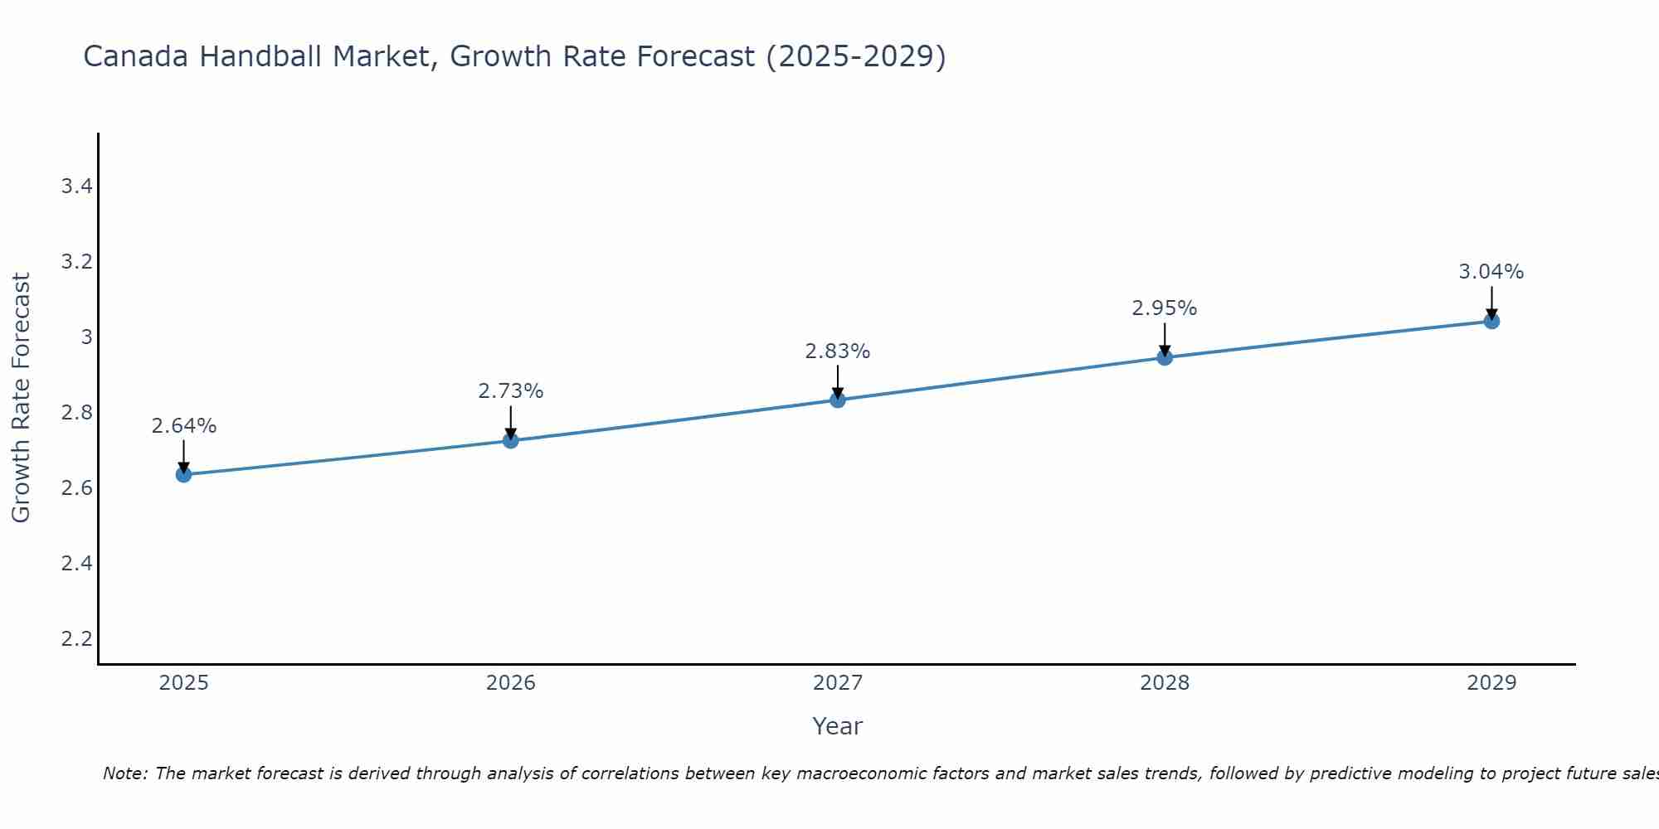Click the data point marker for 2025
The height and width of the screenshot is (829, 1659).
[183, 474]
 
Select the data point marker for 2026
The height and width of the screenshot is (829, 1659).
[511, 440]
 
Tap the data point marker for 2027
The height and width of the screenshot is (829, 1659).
[838, 400]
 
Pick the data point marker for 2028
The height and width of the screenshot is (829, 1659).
[1165, 357]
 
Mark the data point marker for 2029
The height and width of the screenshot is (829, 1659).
[1491, 321]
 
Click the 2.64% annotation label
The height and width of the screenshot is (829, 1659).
[183, 426]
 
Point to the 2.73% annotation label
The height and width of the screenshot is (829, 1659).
[511, 391]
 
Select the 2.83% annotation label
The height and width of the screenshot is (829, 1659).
[838, 351]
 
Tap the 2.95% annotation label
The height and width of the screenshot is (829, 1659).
[1165, 308]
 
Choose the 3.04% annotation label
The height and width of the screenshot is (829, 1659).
[1491, 272]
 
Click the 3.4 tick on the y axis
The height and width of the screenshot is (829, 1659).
[76, 187]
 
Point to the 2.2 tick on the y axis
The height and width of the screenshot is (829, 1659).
[76, 639]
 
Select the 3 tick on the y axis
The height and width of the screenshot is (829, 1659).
[86, 337]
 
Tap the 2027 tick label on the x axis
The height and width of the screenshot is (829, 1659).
[838, 683]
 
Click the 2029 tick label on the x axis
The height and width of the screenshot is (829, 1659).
[1491, 683]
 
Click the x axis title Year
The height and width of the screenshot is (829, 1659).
[838, 726]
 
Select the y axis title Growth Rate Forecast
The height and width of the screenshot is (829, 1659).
[21, 398]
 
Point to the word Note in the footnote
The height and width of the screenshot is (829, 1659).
[124, 773]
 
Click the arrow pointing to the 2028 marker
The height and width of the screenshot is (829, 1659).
[1165, 340]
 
